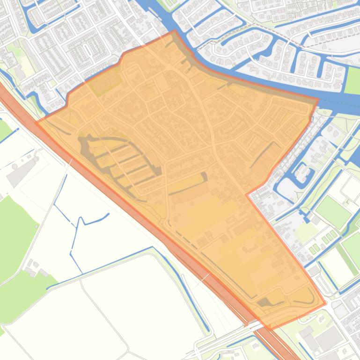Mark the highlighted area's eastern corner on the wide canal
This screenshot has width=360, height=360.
point(318,99)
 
